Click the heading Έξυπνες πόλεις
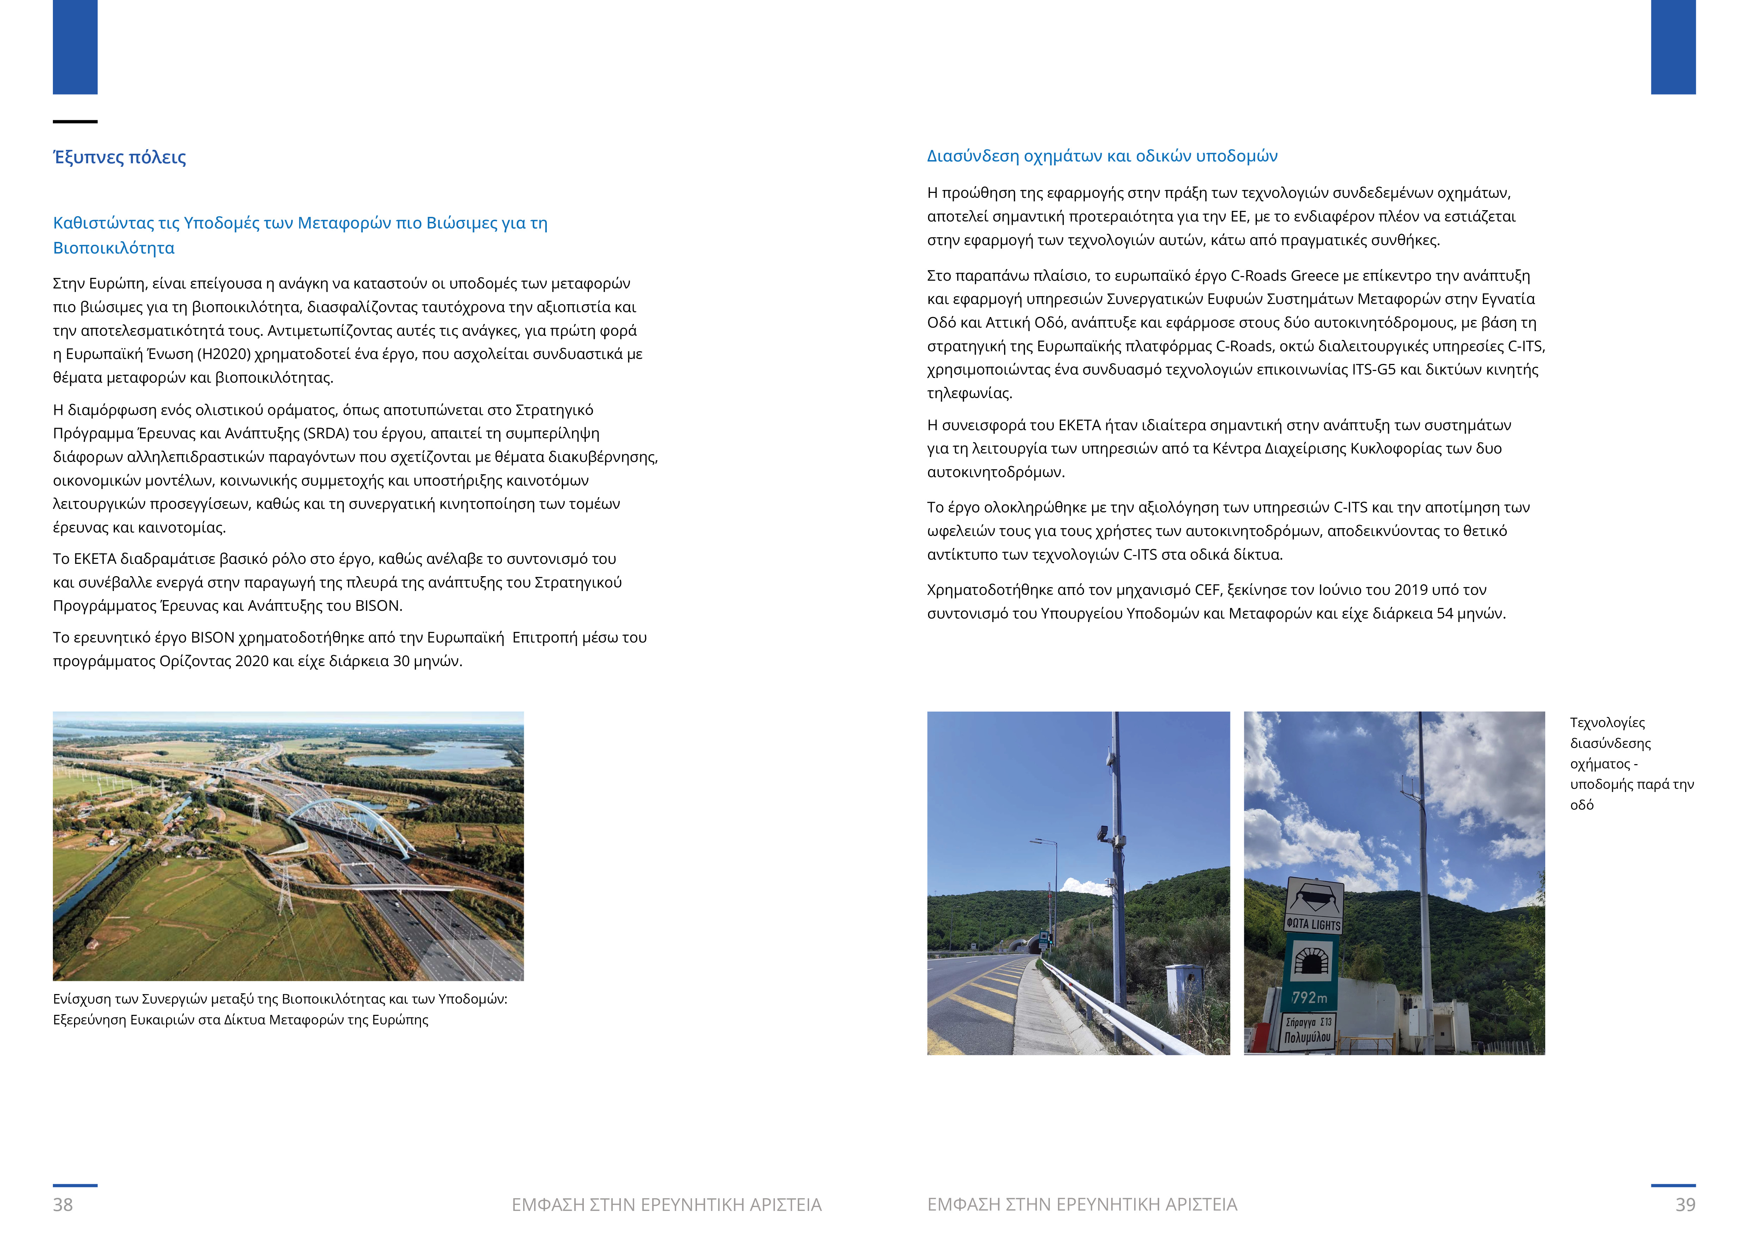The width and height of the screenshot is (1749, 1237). coord(120,158)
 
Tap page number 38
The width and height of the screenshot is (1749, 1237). coord(63,1204)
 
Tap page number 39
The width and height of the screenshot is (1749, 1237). coord(1685,1204)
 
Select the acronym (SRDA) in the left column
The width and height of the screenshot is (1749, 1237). coord(325,433)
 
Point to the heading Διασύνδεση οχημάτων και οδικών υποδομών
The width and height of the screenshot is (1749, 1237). coord(1101,156)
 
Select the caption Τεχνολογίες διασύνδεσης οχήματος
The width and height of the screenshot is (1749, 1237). coord(1630,763)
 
